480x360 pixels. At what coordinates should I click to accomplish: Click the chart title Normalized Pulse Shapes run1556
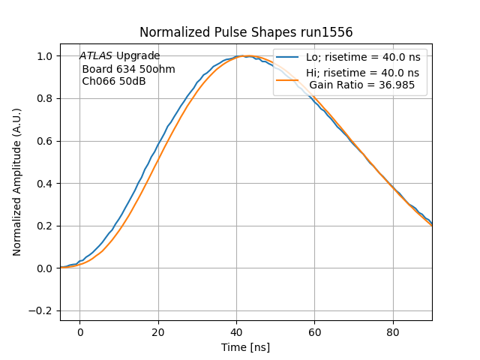pos(246,33)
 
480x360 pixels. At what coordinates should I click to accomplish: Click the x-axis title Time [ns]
pos(245,347)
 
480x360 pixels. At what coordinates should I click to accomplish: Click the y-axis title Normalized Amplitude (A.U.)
pos(17,182)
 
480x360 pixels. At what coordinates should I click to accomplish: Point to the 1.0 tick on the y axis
pos(46,56)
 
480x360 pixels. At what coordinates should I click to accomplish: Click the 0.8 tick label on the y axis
pos(46,98)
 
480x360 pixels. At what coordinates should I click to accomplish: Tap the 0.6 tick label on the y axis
pos(46,141)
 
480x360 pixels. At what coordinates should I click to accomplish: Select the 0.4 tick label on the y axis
pos(46,183)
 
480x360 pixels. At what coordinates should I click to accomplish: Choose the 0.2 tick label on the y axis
pos(46,226)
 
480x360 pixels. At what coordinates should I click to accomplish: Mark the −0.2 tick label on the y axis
pos(42,310)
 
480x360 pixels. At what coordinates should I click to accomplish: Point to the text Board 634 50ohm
pos(128,69)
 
